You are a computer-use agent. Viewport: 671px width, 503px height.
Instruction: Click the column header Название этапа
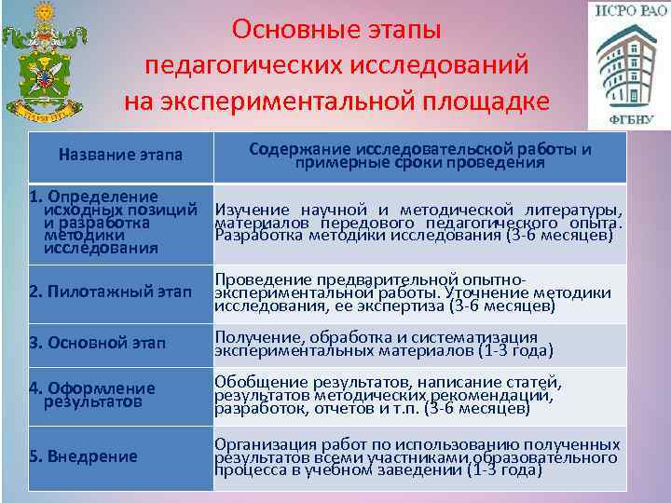point(120,155)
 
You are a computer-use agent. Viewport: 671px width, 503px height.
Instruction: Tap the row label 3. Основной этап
point(97,345)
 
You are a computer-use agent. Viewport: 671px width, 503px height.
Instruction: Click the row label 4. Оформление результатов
point(92,395)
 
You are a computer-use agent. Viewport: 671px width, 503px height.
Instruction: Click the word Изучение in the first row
point(251,211)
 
